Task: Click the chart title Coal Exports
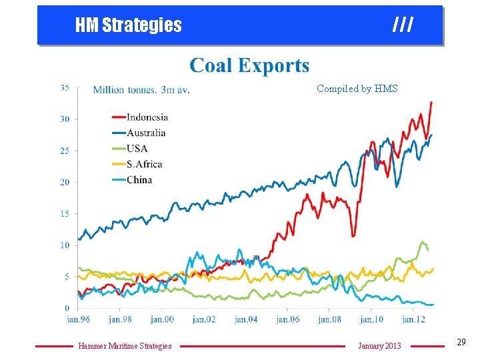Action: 249,65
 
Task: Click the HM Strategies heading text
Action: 128,25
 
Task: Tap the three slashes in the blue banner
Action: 403,25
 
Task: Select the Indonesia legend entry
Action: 147,117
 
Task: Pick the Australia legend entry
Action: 145,133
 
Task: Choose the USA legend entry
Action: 137,148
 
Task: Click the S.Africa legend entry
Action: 144,163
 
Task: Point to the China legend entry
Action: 139,179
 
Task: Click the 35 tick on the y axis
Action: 65,87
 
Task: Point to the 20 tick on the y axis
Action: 65,182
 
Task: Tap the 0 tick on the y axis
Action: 67,308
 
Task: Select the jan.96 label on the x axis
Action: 78,319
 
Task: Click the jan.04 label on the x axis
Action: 245,319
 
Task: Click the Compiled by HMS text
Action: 357,88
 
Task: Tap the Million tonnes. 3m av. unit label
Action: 141,90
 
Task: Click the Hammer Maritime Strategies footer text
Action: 125,345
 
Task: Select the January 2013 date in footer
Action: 379,345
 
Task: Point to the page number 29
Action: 461,342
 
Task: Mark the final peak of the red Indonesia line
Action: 431,102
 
